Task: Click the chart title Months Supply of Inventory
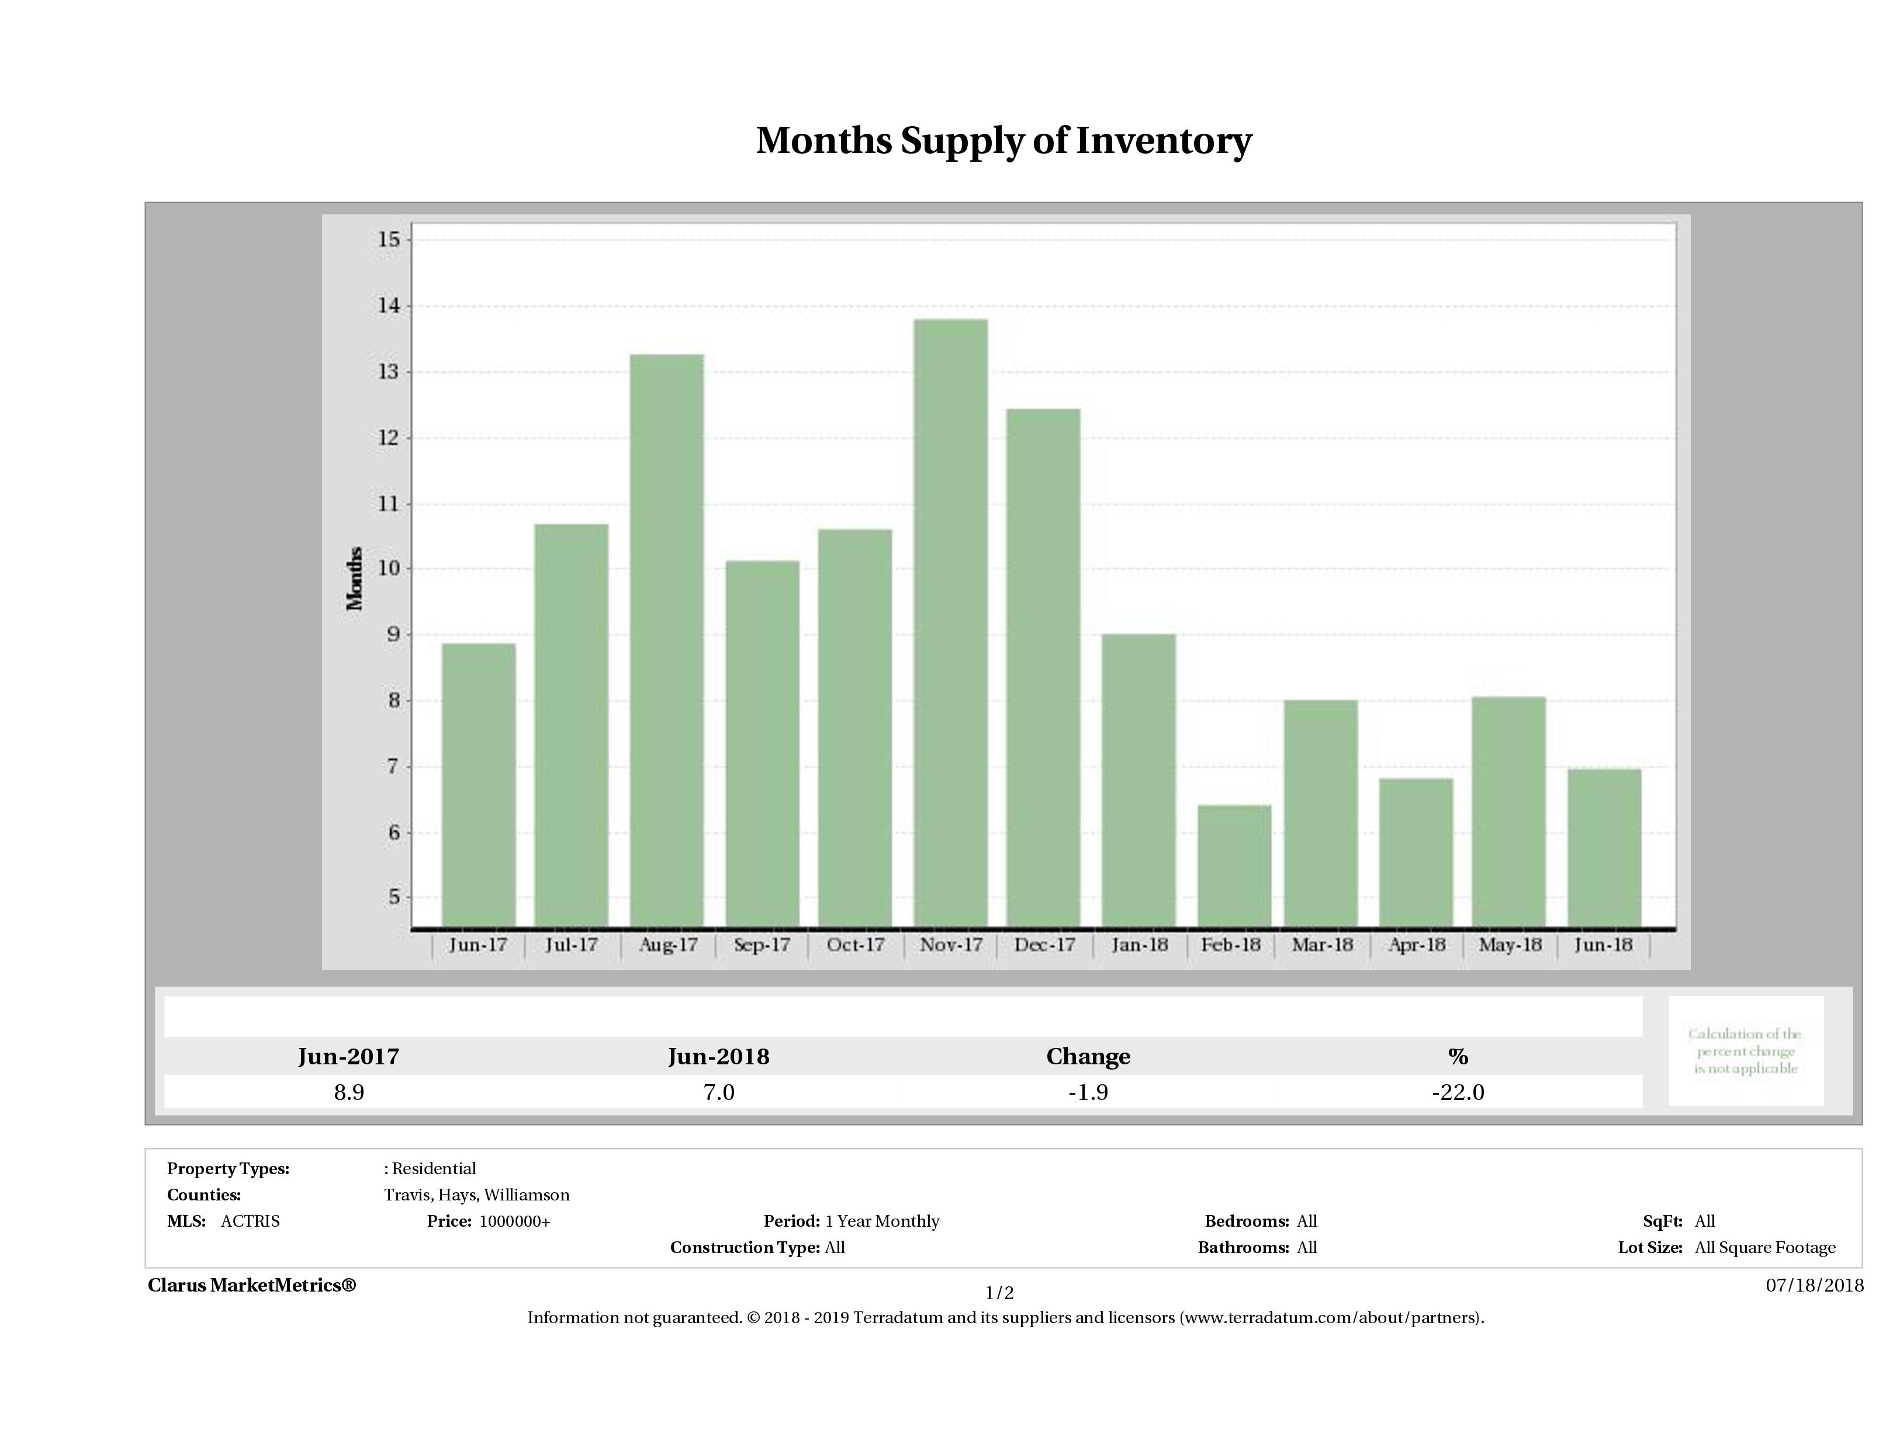click(1003, 141)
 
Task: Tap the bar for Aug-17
click(667, 639)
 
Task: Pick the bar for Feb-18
click(1234, 865)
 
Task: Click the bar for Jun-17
click(478, 784)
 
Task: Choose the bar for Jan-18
click(1138, 780)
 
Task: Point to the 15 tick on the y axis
click(389, 240)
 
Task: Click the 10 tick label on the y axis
click(389, 568)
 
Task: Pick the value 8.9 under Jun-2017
click(349, 1092)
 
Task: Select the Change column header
click(1088, 1057)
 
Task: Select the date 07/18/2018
click(1814, 1285)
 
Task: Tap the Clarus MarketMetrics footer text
click(251, 1285)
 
